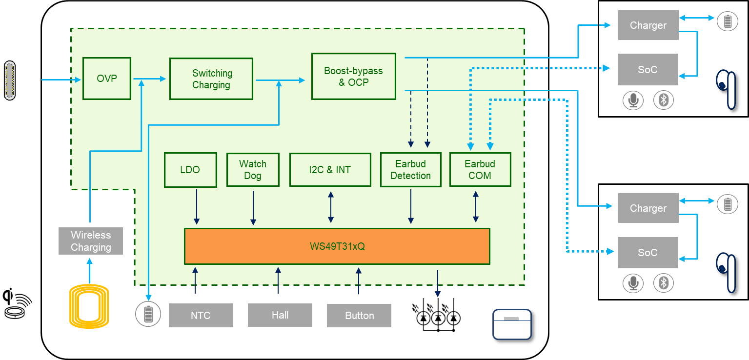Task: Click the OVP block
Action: (x=107, y=79)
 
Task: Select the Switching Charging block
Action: (x=211, y=79)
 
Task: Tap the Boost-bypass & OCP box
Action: (x=353, y=77)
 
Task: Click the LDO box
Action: (x=190, y=170)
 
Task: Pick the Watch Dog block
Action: (x=253, y=170)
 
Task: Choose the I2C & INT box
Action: (x=330, y=170)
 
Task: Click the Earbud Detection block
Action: (x=410, y=170)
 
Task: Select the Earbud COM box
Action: (x=480, y=170)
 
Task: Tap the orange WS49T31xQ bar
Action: (x=337, y=246)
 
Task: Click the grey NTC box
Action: (x=201, y=316)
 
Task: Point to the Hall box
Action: (x=280, y=315)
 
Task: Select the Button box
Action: (x=359, y=316)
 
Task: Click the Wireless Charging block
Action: (x=90, y=241)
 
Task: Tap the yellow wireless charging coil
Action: (x=89, y=306)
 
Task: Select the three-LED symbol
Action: (x=435, y=317)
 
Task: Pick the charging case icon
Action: (x=511, y=324)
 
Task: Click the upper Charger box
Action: (x=648, y=25)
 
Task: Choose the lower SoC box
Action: (x=648, y=253)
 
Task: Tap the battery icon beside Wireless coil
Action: (x=148, y=314)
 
